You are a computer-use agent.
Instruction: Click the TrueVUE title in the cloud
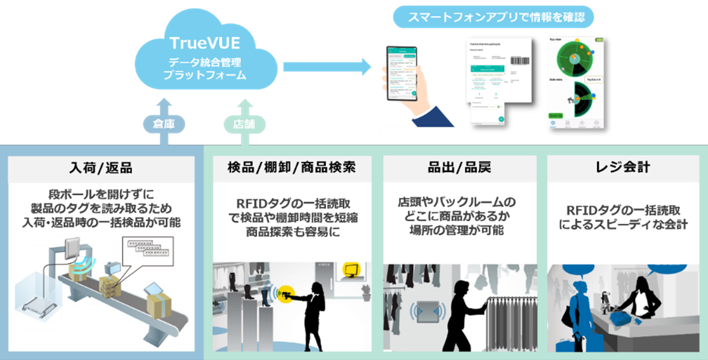coord(205,43)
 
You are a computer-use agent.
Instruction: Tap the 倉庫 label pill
coord(164,124)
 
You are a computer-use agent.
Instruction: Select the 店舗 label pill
coord(245,124)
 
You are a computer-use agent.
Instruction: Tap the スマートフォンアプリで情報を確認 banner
coord(493,18)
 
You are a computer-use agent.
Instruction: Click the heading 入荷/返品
coord(101,168)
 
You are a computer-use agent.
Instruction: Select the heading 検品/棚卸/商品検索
coord(291,168)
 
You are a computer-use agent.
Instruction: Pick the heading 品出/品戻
coord(459,168)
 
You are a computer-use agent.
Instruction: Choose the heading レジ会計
coord(623,168)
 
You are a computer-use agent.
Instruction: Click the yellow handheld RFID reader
coord(286,293)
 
